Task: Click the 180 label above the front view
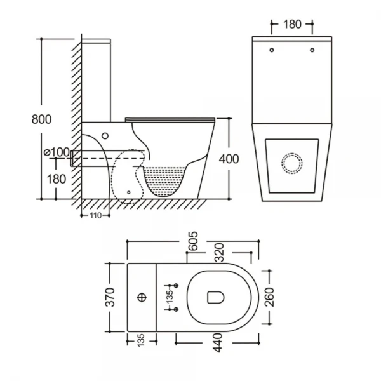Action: (291, 25)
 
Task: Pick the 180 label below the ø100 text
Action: (57, 178)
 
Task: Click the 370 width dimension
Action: (110, 297)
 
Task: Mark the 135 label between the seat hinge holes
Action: (170, 297)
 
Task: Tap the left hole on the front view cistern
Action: (271, 50)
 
